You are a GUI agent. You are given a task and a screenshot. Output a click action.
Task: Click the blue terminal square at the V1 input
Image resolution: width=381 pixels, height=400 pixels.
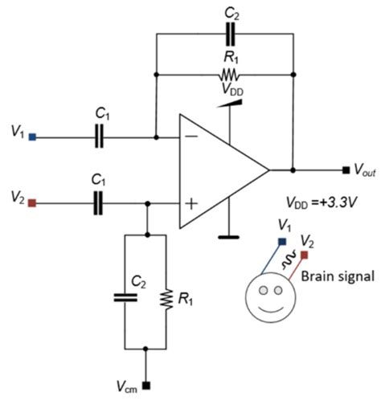(x=31, y=137)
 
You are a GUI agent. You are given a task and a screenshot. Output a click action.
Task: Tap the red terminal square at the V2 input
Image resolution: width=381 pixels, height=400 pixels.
(x=31, y=204)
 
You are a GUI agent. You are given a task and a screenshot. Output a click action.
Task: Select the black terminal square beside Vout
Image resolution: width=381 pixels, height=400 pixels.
(x=346, y=170)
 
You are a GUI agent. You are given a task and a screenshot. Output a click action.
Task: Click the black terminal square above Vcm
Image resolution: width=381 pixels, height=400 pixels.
(x=145, y=384)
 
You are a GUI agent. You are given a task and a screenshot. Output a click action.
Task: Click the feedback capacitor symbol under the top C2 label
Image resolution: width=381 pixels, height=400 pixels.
(x=231, y=35)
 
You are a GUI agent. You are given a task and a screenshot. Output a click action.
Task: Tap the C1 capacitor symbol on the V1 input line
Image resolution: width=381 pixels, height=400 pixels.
(x=99, y=137)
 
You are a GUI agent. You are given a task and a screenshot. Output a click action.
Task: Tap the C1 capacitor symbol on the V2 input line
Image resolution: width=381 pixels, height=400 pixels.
(x=99, y=204)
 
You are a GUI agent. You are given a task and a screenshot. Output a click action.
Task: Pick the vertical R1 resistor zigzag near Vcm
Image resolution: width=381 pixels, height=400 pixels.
(x=167, y=296)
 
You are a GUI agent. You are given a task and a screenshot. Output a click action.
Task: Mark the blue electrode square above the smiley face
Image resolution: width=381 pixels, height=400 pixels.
(x=281, y=241)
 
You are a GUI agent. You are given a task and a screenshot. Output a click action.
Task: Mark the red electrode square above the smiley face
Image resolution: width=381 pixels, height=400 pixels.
(x=305, y=255)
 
